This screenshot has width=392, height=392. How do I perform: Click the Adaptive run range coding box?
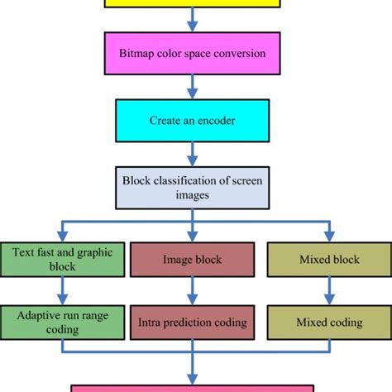point(63,322)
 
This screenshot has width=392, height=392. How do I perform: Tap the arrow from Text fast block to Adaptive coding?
point(63,292)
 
